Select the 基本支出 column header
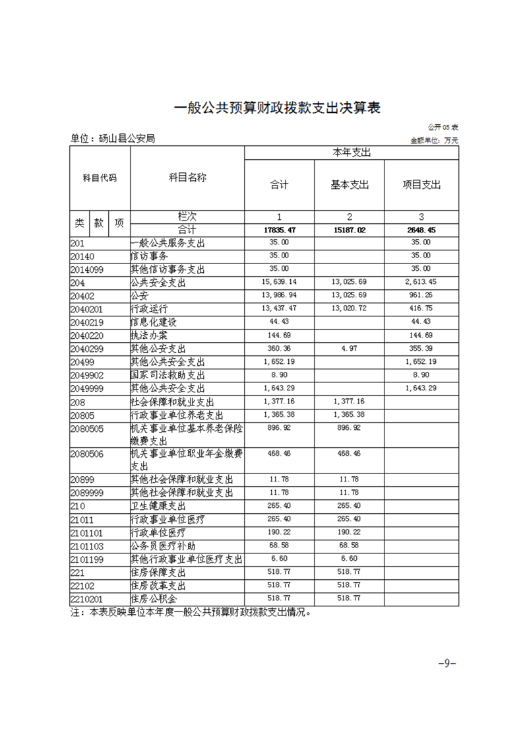click(350, 185)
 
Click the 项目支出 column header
click(421, 185)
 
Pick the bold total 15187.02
click(350, 230)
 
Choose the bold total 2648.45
click(421, 230)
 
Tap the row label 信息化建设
click(154, 322)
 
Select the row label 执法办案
click(149, 335)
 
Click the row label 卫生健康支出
click(159, 506)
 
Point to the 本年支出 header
click(350, 153)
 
